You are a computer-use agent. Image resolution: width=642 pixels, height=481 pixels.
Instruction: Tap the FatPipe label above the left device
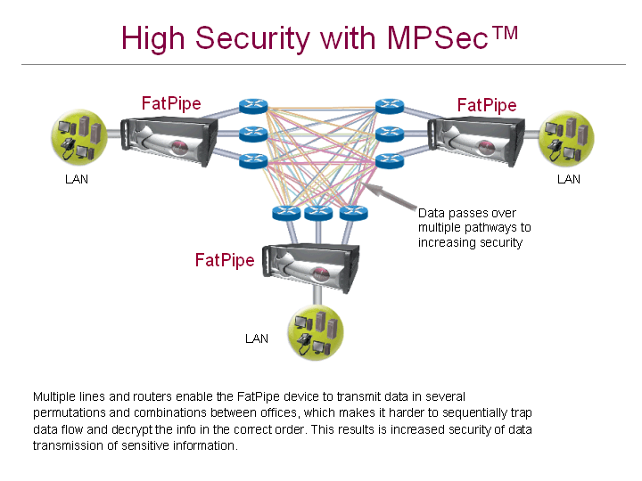click(x=171, y=103)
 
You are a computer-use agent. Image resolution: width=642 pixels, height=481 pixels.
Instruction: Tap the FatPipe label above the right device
click(x=487, y=105)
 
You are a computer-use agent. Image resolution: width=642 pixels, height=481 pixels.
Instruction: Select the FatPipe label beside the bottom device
click(x=225, y=260)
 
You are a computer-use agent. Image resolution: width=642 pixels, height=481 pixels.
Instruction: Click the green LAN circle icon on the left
click(x=79, y=135)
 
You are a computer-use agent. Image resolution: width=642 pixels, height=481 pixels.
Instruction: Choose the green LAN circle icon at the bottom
click(x=315, y=333)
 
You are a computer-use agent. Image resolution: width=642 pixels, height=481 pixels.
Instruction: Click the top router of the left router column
click(x=254, y=107)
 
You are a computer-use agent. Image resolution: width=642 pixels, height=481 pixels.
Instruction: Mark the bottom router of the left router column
click(x=254, y=161)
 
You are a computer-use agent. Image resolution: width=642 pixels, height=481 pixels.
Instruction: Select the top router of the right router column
click(x=389, y=107)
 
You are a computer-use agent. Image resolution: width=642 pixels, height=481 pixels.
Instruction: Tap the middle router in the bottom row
click(x=318, y=213)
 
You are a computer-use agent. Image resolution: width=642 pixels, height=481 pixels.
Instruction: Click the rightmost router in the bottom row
click(x=353, y=213)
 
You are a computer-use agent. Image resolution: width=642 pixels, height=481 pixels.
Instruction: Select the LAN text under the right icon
click(x=569, y=179)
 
